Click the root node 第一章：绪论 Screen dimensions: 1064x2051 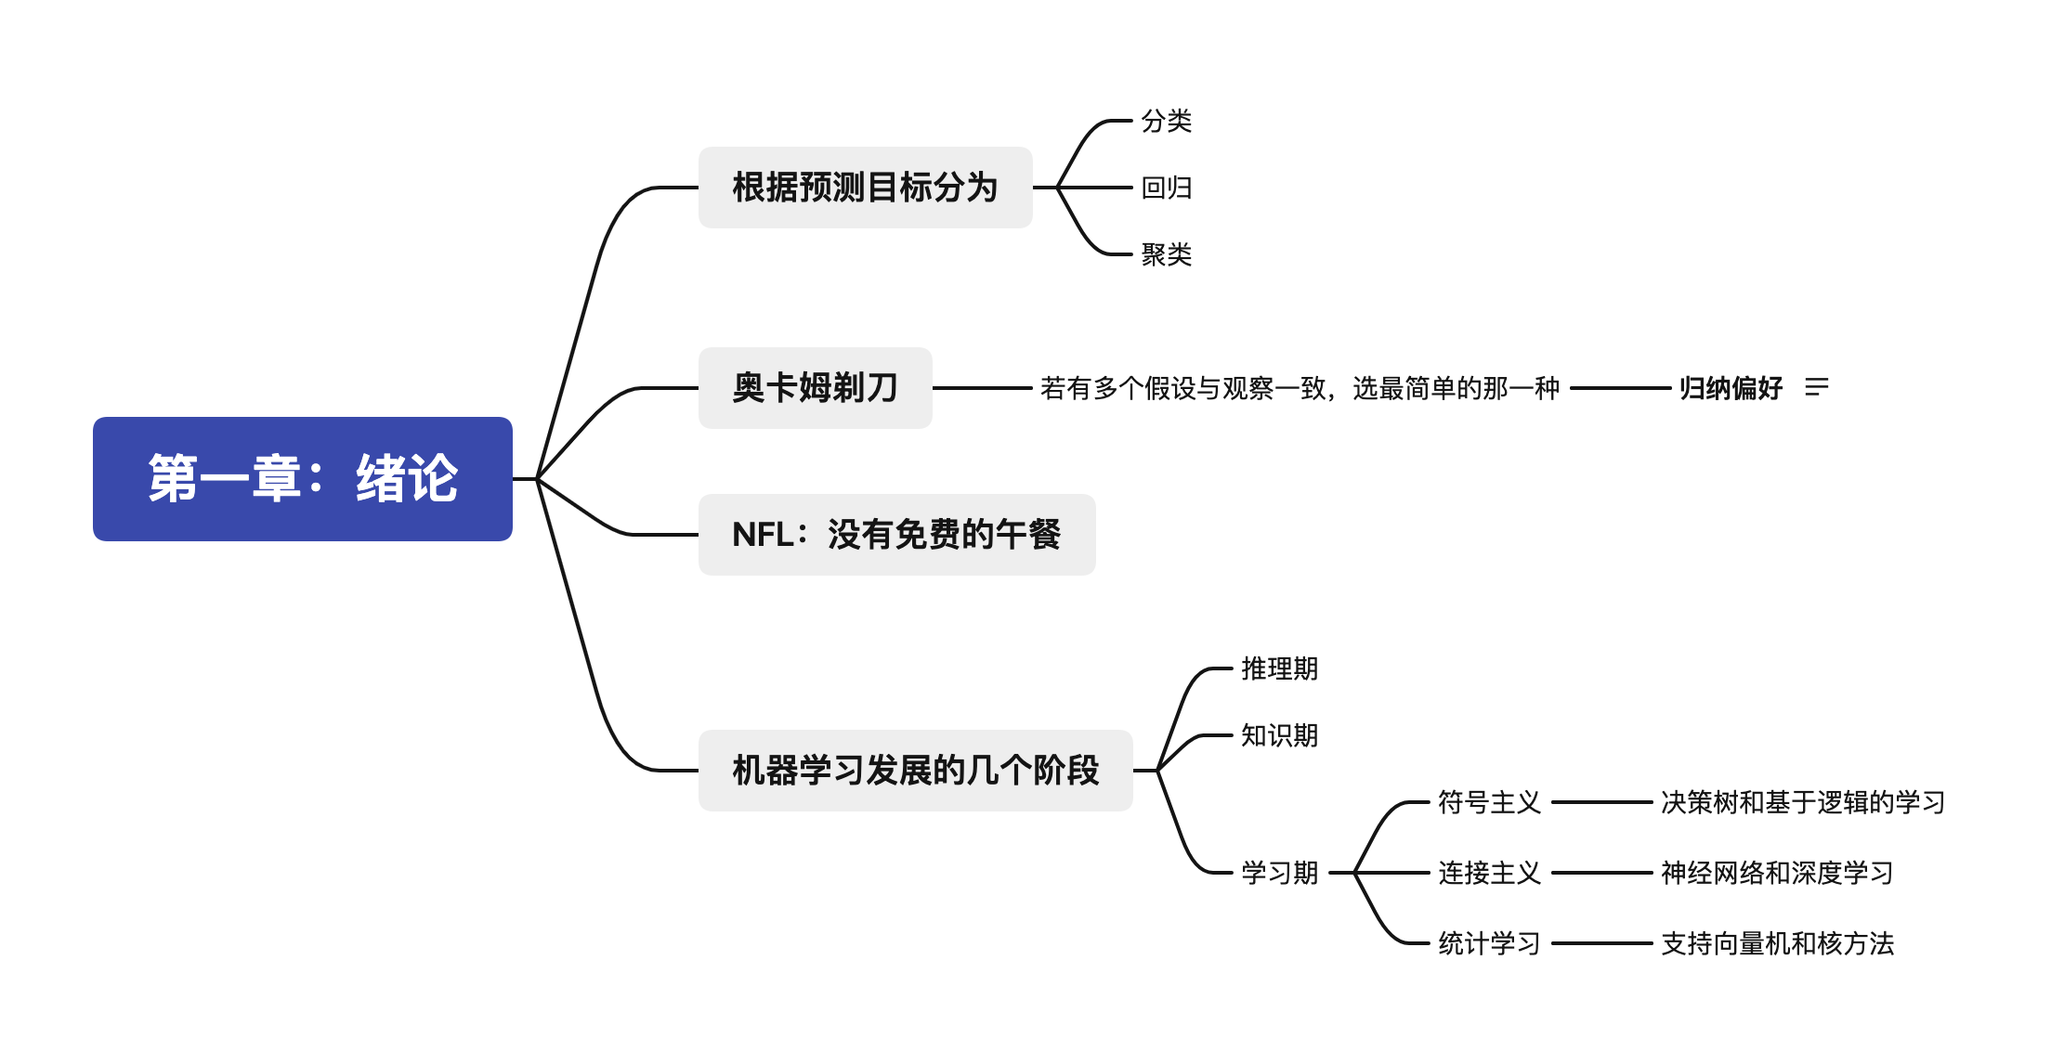(303, 479)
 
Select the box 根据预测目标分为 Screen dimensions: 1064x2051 (865, 188)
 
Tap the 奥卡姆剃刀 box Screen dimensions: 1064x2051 (815, 388)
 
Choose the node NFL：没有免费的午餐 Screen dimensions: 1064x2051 (896, 535)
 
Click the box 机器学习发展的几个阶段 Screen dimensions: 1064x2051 (915, 771)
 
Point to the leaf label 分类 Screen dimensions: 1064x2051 (1166, 121)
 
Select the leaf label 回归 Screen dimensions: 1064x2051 (1166, 188)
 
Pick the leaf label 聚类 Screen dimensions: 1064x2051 (1166, 254)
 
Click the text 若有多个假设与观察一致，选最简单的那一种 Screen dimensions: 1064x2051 (1299, 388)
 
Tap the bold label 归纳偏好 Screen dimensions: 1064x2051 (1731, 388)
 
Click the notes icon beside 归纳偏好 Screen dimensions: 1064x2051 (1817, 387)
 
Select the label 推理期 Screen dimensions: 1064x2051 (1279, 668)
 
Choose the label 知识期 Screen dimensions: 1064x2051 (1279, 735)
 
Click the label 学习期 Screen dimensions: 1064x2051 (1279, 873)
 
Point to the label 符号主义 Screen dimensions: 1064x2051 (1489, 802)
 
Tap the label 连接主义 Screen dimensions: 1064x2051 (1489, 873)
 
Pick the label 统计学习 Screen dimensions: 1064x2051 (1489, 943)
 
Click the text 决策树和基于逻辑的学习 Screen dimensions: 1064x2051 (1802, 802)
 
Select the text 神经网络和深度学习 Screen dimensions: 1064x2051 (1776, 873)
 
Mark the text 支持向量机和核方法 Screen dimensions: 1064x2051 (1776, 943)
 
